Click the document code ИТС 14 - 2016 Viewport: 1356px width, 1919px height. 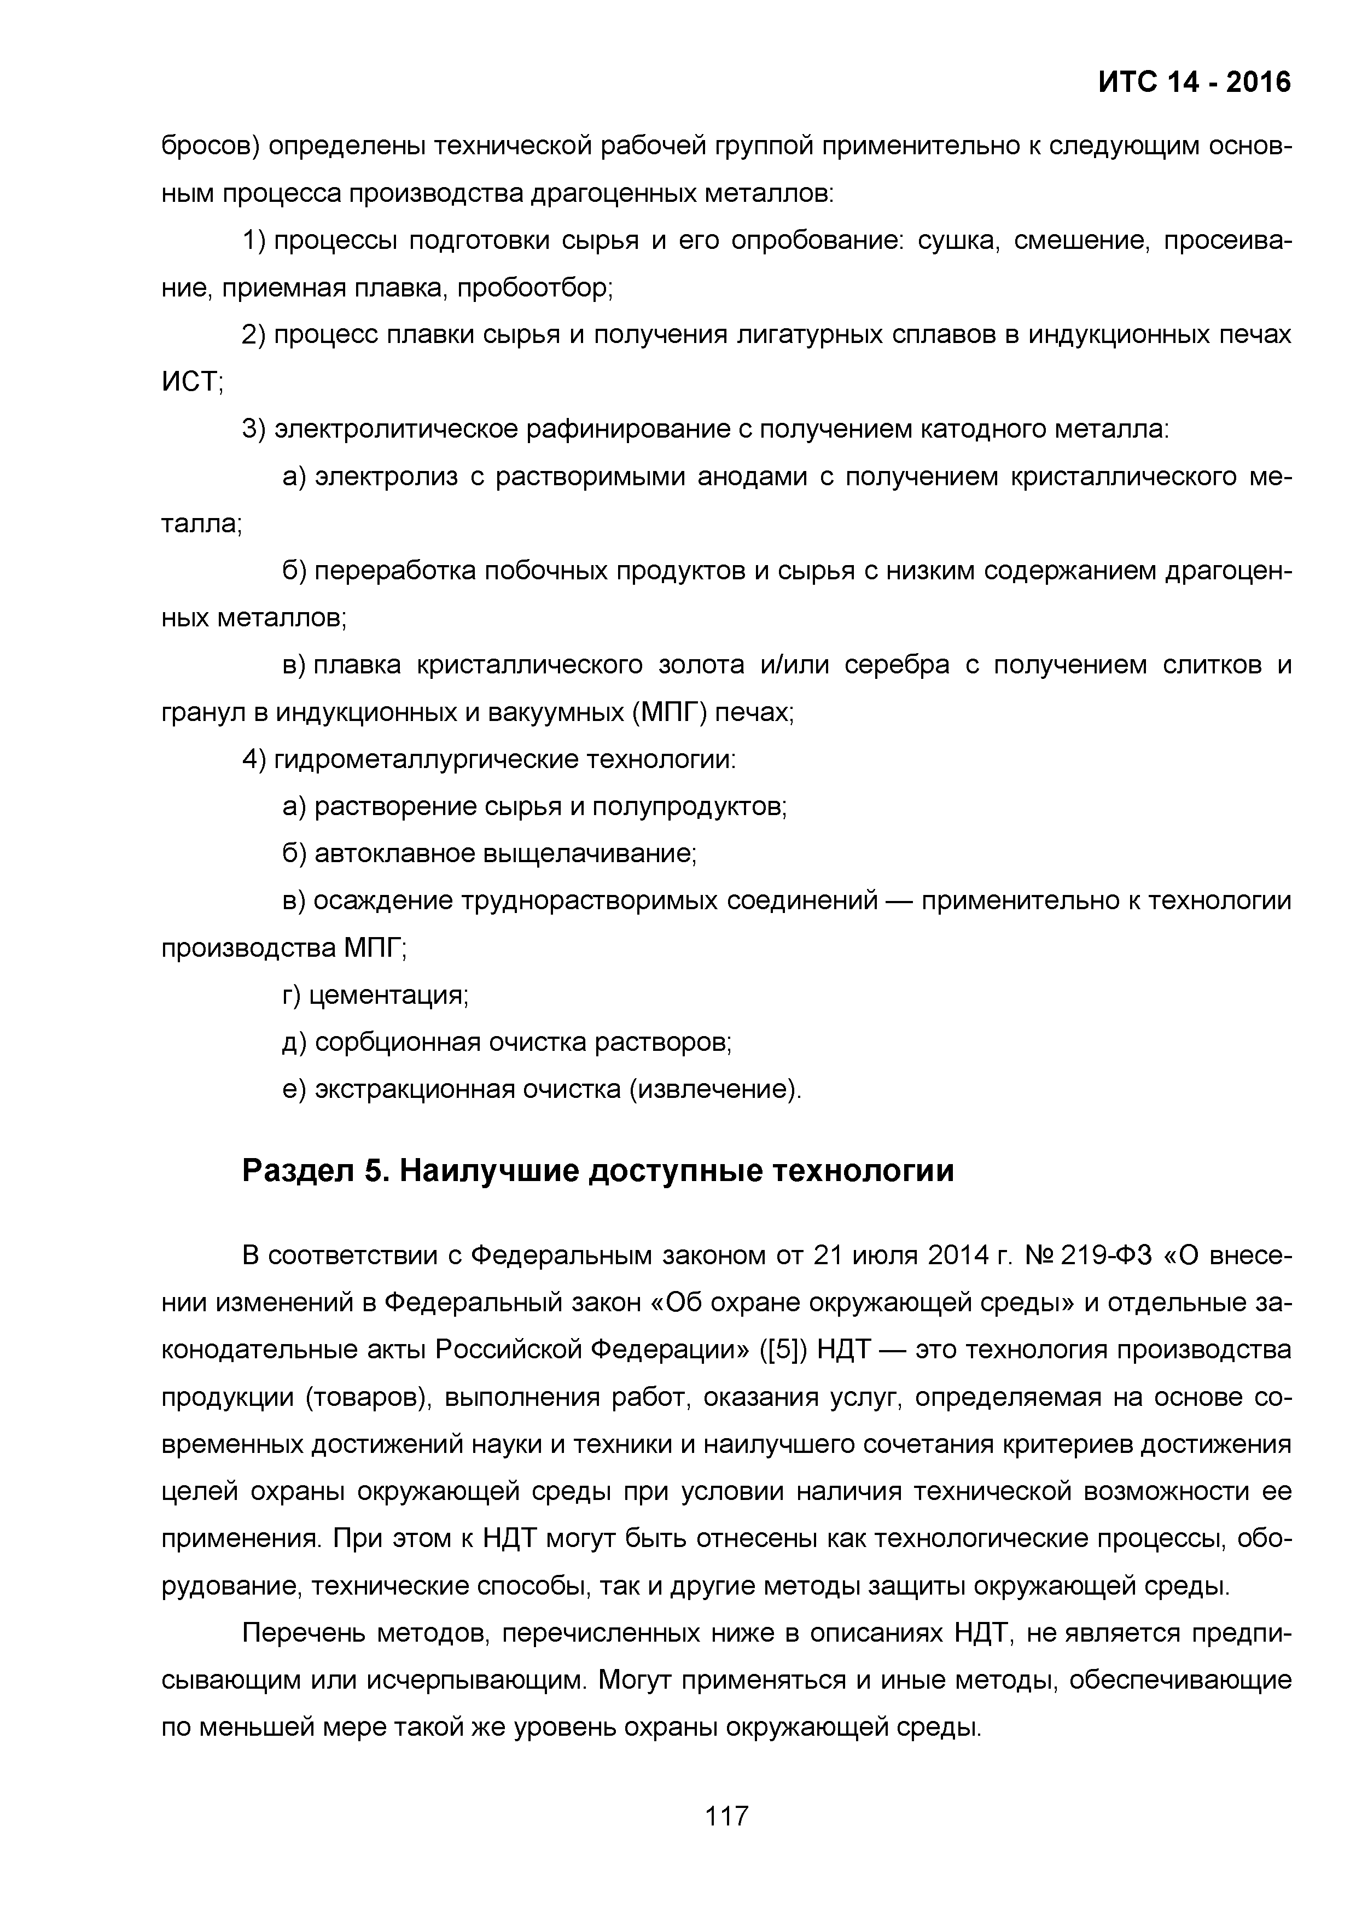1194,82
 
